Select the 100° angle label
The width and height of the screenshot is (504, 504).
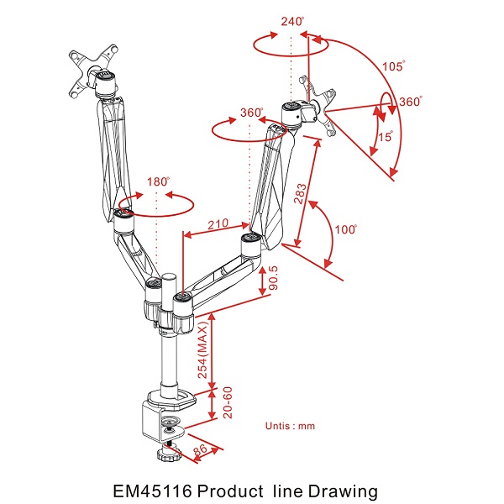coord(345,230)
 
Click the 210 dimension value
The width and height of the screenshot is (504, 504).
coord(218,225)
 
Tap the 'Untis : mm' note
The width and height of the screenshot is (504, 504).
coord(290,426)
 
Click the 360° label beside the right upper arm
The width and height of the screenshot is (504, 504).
coord(253,113)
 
